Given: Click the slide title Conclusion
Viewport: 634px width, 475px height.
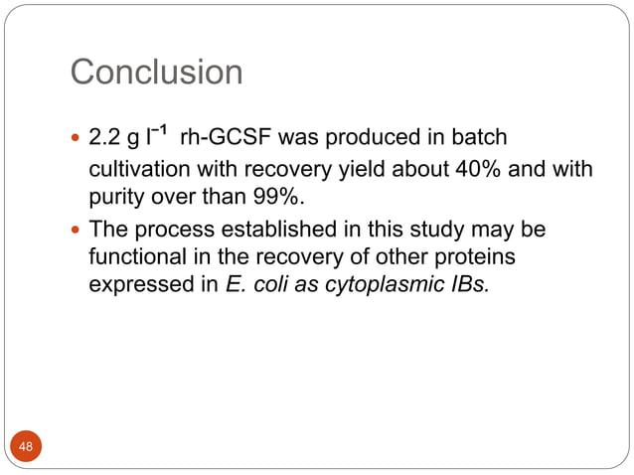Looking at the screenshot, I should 156,73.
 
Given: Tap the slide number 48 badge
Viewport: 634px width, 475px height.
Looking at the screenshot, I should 26,446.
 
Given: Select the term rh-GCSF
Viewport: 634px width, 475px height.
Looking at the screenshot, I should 219,136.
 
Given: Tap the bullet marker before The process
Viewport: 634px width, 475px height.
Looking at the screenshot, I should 77,231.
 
